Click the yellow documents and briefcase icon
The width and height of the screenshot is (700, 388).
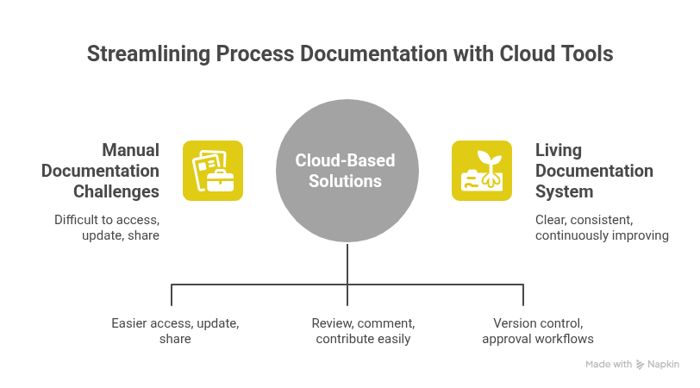213,171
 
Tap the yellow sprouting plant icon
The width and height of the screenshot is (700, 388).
482,171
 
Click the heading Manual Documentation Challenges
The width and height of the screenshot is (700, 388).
101,171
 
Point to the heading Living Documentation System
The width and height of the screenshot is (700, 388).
595,171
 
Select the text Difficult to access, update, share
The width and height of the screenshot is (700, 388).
107,228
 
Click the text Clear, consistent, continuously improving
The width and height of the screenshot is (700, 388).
602,228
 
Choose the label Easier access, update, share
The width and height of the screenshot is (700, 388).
175,331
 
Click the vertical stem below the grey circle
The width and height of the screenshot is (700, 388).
347,263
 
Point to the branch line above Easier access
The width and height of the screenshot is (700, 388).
172,293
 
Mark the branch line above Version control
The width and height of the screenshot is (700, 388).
522,293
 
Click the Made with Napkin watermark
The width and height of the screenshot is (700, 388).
632,365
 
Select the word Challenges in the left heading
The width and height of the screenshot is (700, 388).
116,191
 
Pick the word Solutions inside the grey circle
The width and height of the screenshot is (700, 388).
346,181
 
